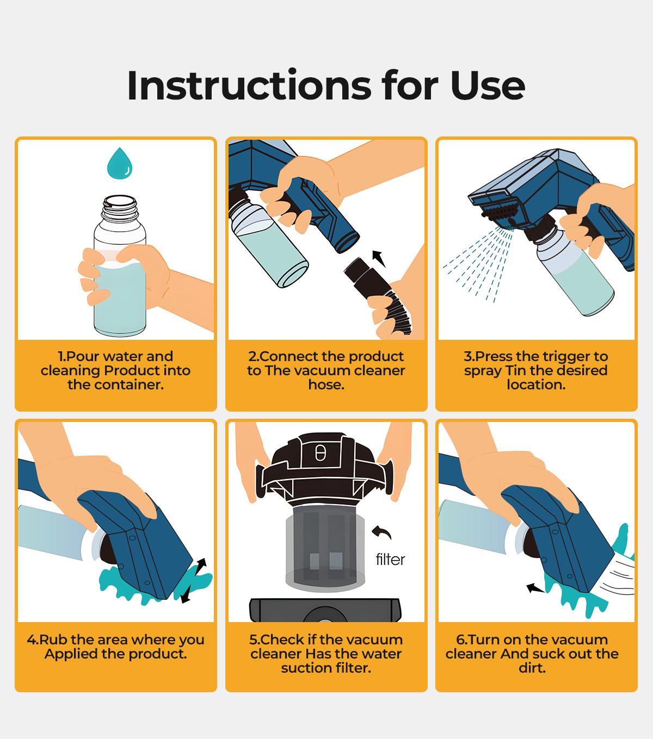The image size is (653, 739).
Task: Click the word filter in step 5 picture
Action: coord(390,560)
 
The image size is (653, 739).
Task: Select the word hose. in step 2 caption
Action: coord(326,385)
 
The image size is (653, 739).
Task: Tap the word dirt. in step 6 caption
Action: coord(532,668)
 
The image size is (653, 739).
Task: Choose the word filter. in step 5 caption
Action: coord(349,668)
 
